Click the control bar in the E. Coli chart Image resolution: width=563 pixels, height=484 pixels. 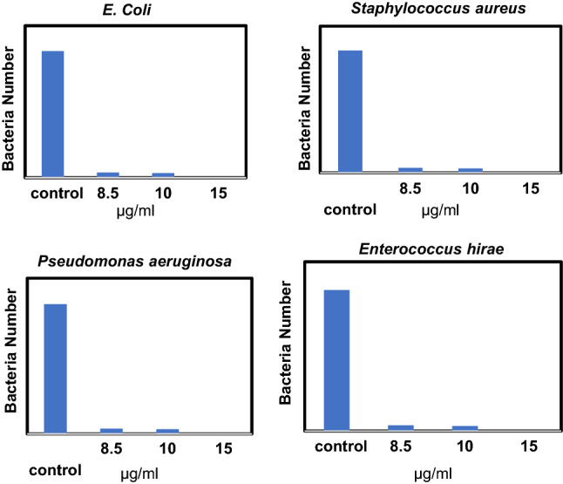(53, 113)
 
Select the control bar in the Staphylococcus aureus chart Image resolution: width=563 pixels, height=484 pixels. (349, 111)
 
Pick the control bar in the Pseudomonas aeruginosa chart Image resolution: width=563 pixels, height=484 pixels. (55, 367)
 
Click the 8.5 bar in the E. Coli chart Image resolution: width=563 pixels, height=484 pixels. (108, 174)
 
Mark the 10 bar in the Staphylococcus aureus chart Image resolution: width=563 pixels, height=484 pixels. (470, 169)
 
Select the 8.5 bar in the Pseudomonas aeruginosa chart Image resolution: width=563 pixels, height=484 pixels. (112, 430)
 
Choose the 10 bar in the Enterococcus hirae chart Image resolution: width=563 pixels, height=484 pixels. (465, 427)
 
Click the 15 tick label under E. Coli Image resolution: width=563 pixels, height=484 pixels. (218, 192)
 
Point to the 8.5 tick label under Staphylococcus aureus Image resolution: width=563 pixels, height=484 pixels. (410, 188)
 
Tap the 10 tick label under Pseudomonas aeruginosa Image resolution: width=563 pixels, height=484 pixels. (167, 448)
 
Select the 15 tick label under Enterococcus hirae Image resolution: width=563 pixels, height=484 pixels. (528, 445)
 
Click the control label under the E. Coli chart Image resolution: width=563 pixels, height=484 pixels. (54, 192)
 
